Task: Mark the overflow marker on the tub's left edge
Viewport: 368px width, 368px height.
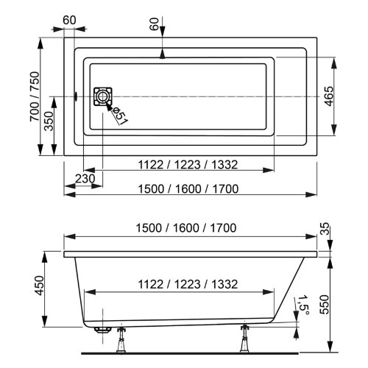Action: [77, 96]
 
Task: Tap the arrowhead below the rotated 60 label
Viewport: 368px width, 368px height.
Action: [163, 54]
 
